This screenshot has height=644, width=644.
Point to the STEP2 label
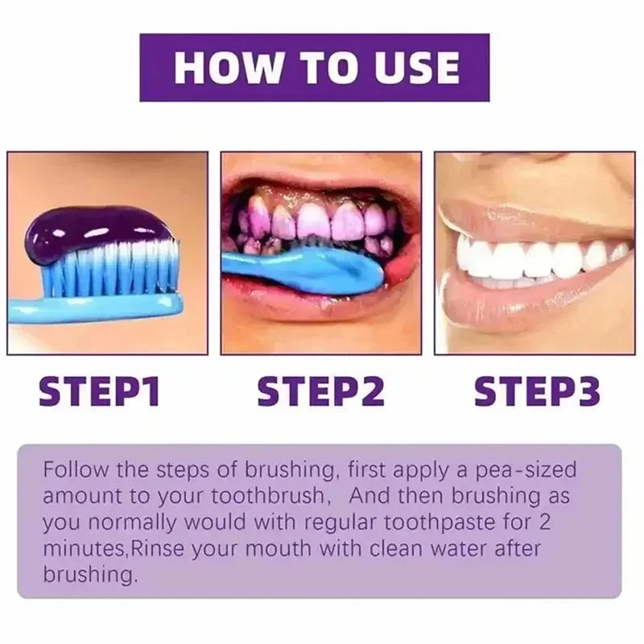(320, 391)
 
